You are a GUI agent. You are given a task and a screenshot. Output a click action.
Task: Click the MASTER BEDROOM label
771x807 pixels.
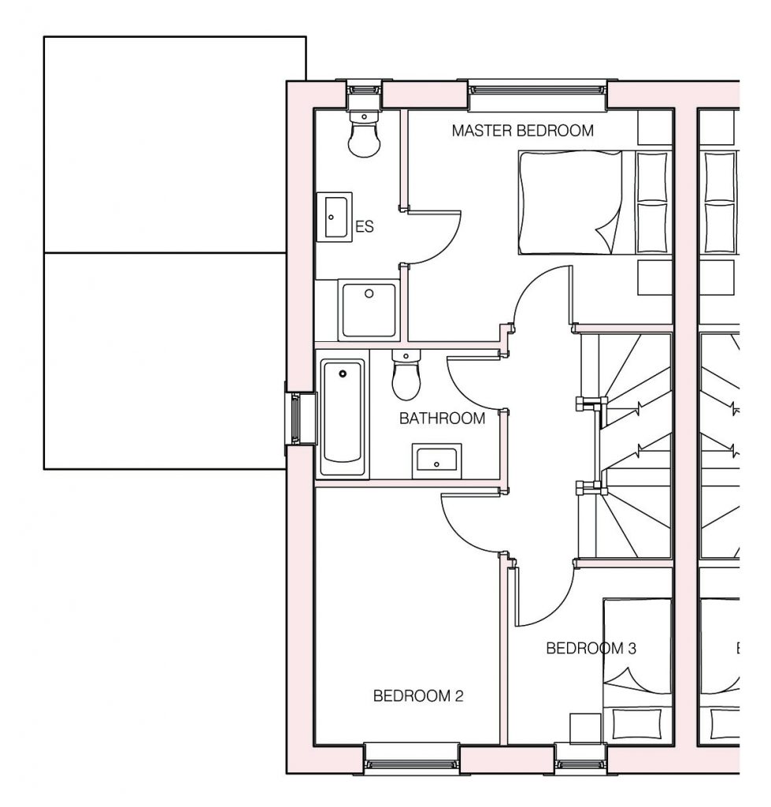tap(523, 131)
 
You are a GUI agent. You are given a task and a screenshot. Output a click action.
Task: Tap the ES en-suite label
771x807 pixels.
tap(365, 226)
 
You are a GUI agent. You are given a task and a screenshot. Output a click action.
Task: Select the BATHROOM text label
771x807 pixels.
tap(443, 418)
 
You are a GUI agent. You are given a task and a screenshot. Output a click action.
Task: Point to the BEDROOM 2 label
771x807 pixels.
tap(418, 696)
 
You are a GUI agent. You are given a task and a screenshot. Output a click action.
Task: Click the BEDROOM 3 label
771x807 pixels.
tap(591, 648)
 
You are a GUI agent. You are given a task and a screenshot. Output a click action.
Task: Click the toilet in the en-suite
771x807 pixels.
tap(364, 132)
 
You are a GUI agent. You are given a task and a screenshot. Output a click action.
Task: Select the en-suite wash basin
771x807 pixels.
tap(334, 218)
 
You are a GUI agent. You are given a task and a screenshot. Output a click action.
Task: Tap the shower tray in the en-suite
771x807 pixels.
tap(369, 310)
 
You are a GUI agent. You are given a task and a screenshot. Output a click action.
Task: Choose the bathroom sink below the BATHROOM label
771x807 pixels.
tap(436, 460)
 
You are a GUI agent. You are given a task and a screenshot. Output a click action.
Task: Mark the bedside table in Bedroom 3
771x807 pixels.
tap(585, 729)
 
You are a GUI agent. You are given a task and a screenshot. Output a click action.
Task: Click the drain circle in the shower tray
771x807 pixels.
tap(369, 293)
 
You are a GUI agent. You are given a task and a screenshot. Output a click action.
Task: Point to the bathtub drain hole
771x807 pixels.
tap(343, 374)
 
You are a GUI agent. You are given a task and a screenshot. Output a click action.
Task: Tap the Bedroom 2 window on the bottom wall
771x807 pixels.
tap(412, 759)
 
